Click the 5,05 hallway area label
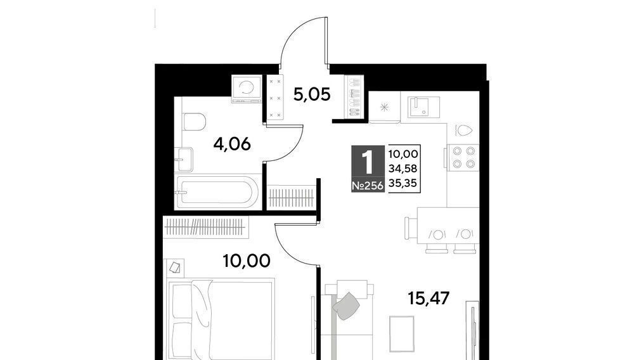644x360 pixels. [312, 95]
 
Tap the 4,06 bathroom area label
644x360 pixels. [232, 144]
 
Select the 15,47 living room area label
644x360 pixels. [428, 299]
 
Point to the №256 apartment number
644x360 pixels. [368, 186]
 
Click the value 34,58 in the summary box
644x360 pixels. [403, 169]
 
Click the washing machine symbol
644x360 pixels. [247, 89]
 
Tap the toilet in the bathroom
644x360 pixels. [194, 122]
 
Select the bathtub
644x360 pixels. [217, 191]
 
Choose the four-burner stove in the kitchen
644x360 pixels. [463, 158]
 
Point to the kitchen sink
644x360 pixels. [423, 107]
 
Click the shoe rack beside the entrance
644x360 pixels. [354, 96]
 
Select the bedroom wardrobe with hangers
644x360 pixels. [206, 227]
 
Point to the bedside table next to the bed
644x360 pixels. [174, 267]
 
